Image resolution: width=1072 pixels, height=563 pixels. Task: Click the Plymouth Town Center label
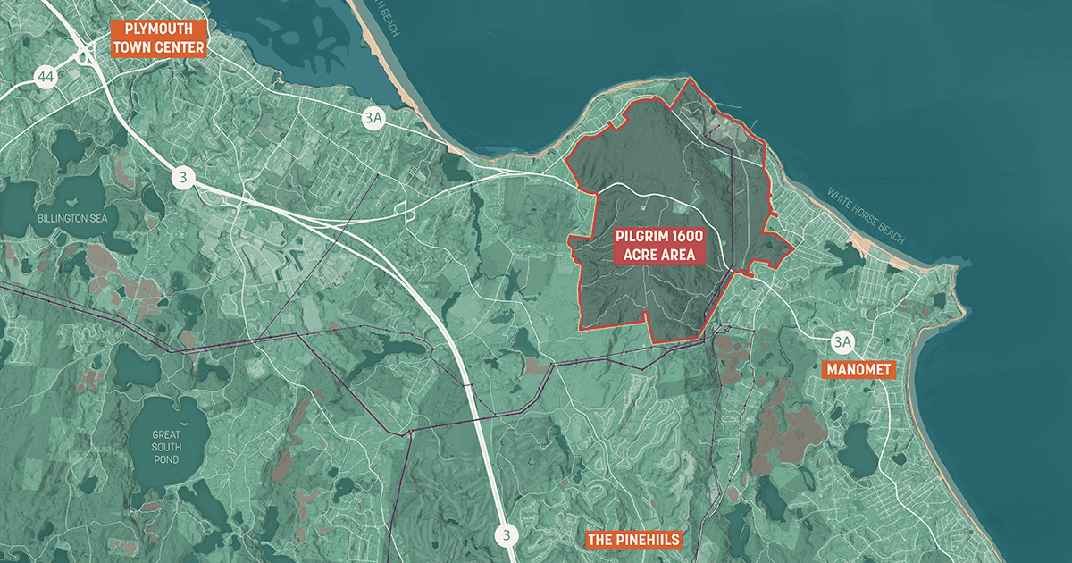159,38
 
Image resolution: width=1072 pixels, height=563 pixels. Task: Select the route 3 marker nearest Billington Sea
183,178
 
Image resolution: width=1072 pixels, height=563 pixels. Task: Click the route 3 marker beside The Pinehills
507,535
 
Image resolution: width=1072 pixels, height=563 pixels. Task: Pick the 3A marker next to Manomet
842,341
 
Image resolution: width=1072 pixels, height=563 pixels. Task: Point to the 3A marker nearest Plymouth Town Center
373,118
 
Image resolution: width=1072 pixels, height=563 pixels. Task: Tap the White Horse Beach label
866,215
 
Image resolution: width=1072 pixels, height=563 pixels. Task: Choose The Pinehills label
633,540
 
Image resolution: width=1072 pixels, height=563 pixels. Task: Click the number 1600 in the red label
684,238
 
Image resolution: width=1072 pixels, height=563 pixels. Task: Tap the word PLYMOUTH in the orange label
159,29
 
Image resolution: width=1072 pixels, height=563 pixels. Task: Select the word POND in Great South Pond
165,459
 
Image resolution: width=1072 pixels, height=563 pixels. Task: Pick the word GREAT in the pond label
166,434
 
